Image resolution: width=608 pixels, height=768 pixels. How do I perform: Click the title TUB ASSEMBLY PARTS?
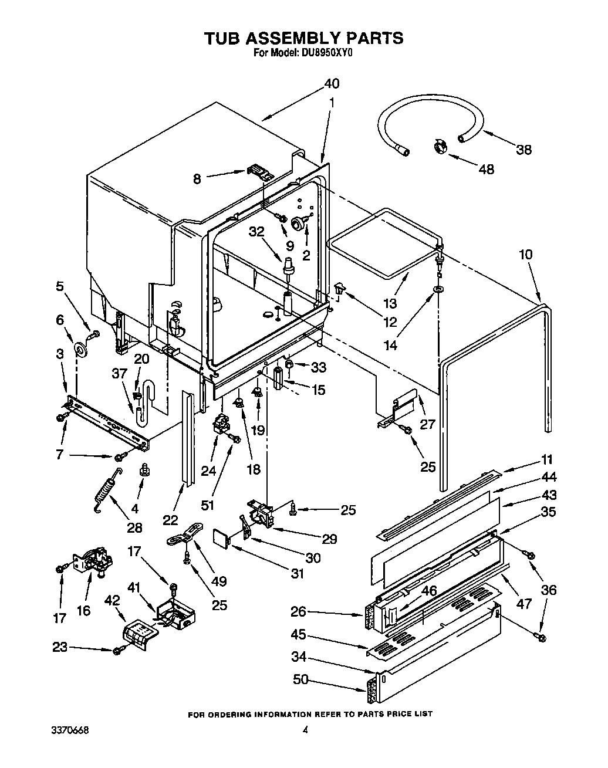(x=303, y=38)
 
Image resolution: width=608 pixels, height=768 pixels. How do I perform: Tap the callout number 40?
(x=332, y=83)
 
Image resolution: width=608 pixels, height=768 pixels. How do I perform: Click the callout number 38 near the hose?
(x=523, y=150)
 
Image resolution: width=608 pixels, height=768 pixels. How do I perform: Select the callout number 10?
(x=525, y=255)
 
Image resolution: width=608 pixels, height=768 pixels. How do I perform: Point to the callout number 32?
(x=256, y=232)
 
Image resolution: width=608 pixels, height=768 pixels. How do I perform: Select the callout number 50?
(x=300, y=679)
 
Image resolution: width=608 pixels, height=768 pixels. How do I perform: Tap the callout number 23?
(x=60, y=648)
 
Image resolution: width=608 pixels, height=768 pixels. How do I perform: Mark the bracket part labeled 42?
(x=139, y=634)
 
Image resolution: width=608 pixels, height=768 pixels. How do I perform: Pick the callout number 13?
(x=390, y=303)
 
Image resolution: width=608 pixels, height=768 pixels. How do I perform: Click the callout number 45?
(x=299, y=635)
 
